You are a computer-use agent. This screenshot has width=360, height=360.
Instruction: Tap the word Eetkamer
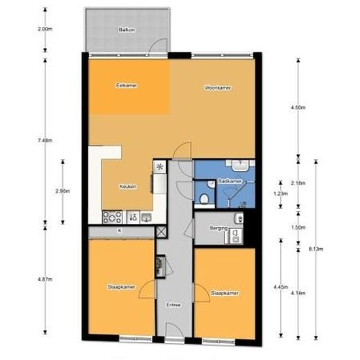126,86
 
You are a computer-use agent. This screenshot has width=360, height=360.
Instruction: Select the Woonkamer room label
217,88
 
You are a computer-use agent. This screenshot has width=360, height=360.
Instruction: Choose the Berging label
219,228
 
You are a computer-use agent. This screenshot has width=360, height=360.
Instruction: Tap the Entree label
173,304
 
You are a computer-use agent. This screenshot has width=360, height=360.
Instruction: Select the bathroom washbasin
237,164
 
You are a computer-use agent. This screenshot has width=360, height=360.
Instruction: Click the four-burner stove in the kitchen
110,217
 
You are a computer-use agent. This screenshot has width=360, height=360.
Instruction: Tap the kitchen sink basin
146,217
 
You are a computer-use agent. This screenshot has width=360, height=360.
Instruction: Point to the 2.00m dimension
45,29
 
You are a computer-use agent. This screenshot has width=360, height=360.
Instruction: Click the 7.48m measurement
45,139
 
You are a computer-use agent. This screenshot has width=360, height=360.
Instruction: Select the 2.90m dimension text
63,190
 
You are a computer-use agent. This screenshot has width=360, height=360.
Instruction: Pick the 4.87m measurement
45,279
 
